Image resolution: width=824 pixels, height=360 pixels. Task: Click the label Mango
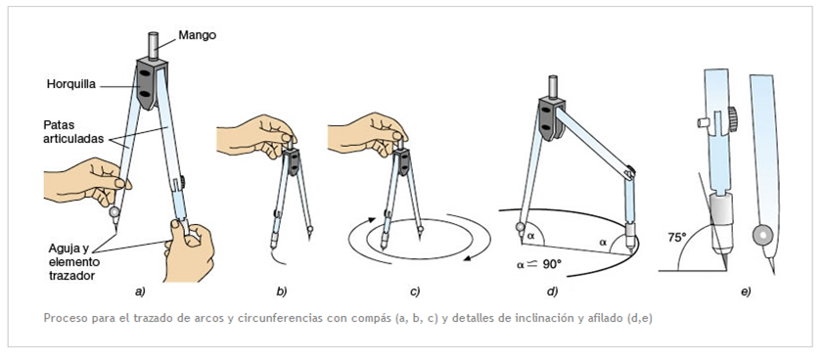(197, 36)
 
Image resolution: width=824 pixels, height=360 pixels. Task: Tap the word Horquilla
(70, 84)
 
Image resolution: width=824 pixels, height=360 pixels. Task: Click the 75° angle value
(677, 238)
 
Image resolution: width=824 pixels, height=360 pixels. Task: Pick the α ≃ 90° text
(538, 264)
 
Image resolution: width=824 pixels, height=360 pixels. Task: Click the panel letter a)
(140, 292)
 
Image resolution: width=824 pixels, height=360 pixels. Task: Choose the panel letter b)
(282, 292)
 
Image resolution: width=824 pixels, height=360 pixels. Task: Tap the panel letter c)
(415, 292)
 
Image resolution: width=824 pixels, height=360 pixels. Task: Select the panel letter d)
(551, 292)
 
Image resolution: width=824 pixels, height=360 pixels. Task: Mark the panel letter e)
(746, 292)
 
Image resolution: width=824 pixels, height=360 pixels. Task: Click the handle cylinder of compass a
(154, 46)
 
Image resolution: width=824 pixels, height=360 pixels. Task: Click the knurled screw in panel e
(731, 119)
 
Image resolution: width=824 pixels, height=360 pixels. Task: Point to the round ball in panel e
(761, 235)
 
